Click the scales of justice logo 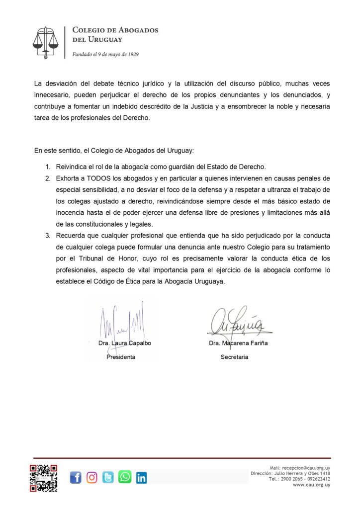point(45,42)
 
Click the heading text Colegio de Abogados point(115,30)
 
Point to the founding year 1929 point(132,54)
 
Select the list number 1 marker point(48,166)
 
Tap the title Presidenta point(121,357)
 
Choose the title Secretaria point(234,357)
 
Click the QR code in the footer point(43,478)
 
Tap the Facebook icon point(76,478)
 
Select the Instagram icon point(92,478)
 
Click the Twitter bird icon point(108,478)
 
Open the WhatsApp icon point(125,477)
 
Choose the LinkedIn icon point(141,478)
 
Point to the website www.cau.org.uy point(312,485)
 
